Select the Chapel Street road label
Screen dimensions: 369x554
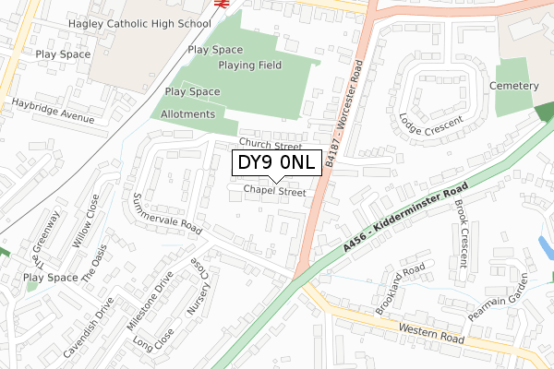coord(274,193)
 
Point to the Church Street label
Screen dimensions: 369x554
coord(271,146)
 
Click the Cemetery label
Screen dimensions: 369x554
coord(514,86)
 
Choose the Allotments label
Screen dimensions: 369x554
coord(187,114)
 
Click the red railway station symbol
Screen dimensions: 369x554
coord(222,4)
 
